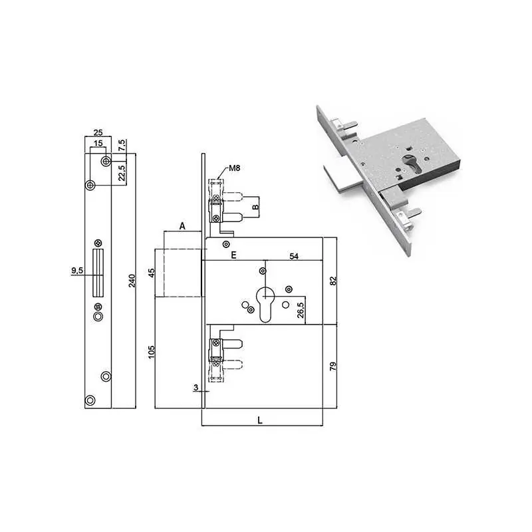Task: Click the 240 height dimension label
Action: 132,281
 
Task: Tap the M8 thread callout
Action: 235,168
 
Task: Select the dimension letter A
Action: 182,226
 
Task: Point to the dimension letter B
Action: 255,207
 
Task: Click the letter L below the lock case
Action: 260,420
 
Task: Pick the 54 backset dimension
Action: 294,256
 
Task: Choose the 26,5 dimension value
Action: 301,309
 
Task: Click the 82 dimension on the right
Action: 333,281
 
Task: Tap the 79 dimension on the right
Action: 333,366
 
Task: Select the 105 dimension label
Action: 152,352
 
